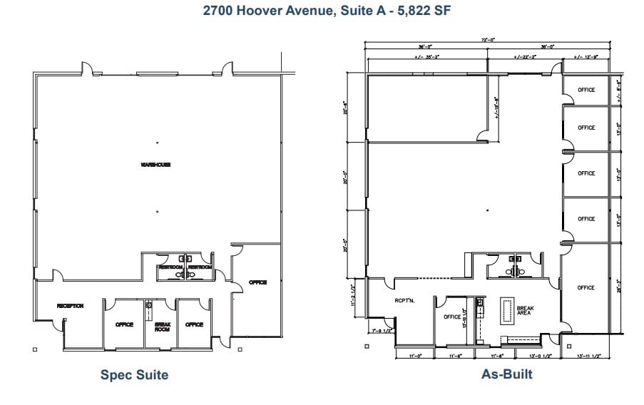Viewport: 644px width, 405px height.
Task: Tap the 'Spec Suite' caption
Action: pyautogui.click(x=134, y=374)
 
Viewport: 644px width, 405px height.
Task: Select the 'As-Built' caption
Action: pyautogui.click(x=508, y=374)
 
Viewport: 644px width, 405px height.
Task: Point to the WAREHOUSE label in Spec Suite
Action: pyautogui.click(x=155, y=165)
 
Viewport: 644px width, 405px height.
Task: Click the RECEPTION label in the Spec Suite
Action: pyautogui.click(x=71, y=306)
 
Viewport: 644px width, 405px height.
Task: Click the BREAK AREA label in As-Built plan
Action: pyautogui.click(x=525, y=311)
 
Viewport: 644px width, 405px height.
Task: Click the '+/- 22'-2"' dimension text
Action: pyautogui.click(x=526, y=56)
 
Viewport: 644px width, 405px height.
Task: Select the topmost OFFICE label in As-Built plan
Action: pyautogui.click(x=586, y=90)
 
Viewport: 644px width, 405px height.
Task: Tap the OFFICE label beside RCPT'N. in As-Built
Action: pyautogui.click(x=452, y=317)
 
